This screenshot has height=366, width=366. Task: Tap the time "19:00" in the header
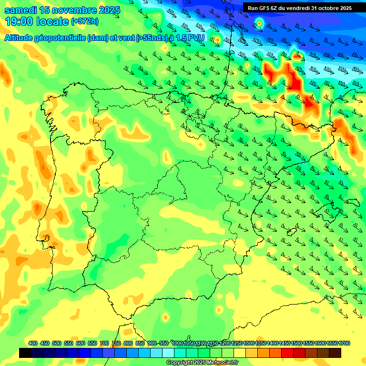tap(20, 21)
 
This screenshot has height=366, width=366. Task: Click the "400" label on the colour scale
tap(33, 343)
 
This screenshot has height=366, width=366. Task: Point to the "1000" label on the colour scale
tap(178, 343)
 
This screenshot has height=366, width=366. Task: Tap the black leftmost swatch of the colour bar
tap(25, 353)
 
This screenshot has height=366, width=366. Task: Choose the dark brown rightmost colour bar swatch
tap(335, 353)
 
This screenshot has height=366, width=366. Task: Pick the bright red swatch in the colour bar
tap(287, 353)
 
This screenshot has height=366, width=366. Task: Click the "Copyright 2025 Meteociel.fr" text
tap(202, 362)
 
